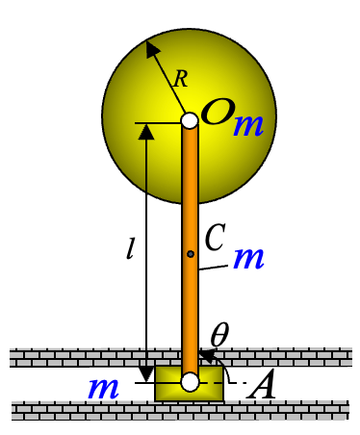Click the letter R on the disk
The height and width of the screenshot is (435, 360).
point(180,79)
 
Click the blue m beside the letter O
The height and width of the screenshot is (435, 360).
point(248,125)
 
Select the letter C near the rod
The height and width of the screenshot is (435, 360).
point(215,235)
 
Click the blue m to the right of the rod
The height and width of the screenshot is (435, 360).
point(249,257)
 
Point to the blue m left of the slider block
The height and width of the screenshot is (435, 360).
point(103,388)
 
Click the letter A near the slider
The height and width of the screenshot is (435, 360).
point(262,388)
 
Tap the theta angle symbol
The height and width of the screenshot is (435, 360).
point(219,336)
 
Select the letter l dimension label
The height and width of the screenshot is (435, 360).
point(130,249)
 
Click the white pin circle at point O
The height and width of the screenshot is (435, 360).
point(190,120)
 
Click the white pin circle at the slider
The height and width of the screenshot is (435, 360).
point(190,382)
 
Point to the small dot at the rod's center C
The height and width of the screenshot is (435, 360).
point(191,254)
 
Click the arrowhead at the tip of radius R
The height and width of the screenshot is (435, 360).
point(150,46)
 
